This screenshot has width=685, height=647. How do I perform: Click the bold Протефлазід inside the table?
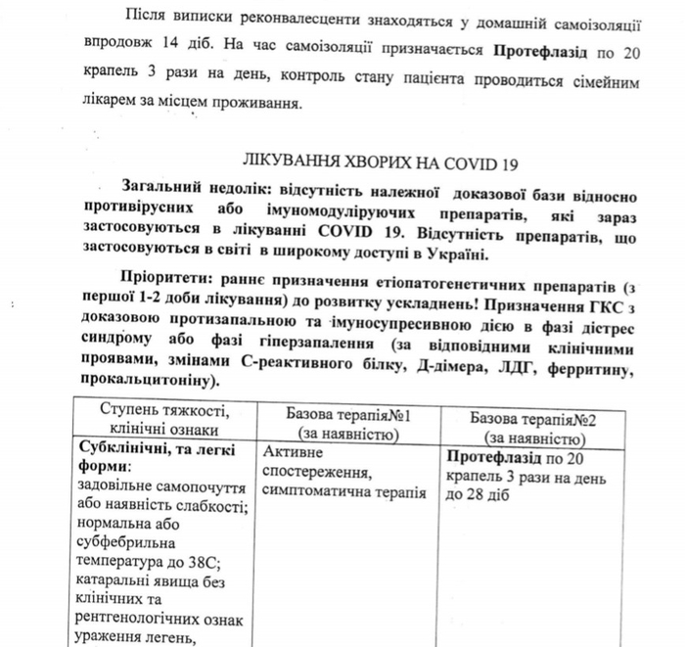[x=497, y=457]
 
